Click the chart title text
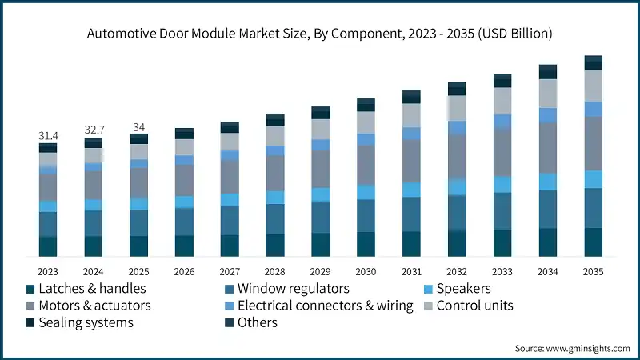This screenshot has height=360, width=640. pos(320,34)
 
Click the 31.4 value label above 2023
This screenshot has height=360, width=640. pos(48,137)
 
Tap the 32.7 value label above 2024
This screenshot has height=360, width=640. pos(94,130)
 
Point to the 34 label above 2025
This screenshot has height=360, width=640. pos(139,127)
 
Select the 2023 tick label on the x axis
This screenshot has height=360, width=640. pos(48,270)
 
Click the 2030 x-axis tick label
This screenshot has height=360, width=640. pos(366,270)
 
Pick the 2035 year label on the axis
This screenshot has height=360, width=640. pos(593,270)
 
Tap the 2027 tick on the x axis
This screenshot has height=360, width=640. pos(230,270)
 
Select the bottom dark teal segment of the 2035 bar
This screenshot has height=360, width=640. pos(593,242)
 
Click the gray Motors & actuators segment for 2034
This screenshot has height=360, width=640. pos(547,148)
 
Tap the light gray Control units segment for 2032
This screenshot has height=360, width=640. pos(457,108)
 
